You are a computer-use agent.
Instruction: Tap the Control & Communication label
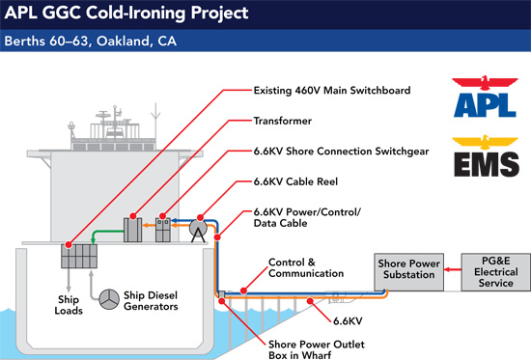coord(292,268)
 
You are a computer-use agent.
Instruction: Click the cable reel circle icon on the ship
coord(197,230)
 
